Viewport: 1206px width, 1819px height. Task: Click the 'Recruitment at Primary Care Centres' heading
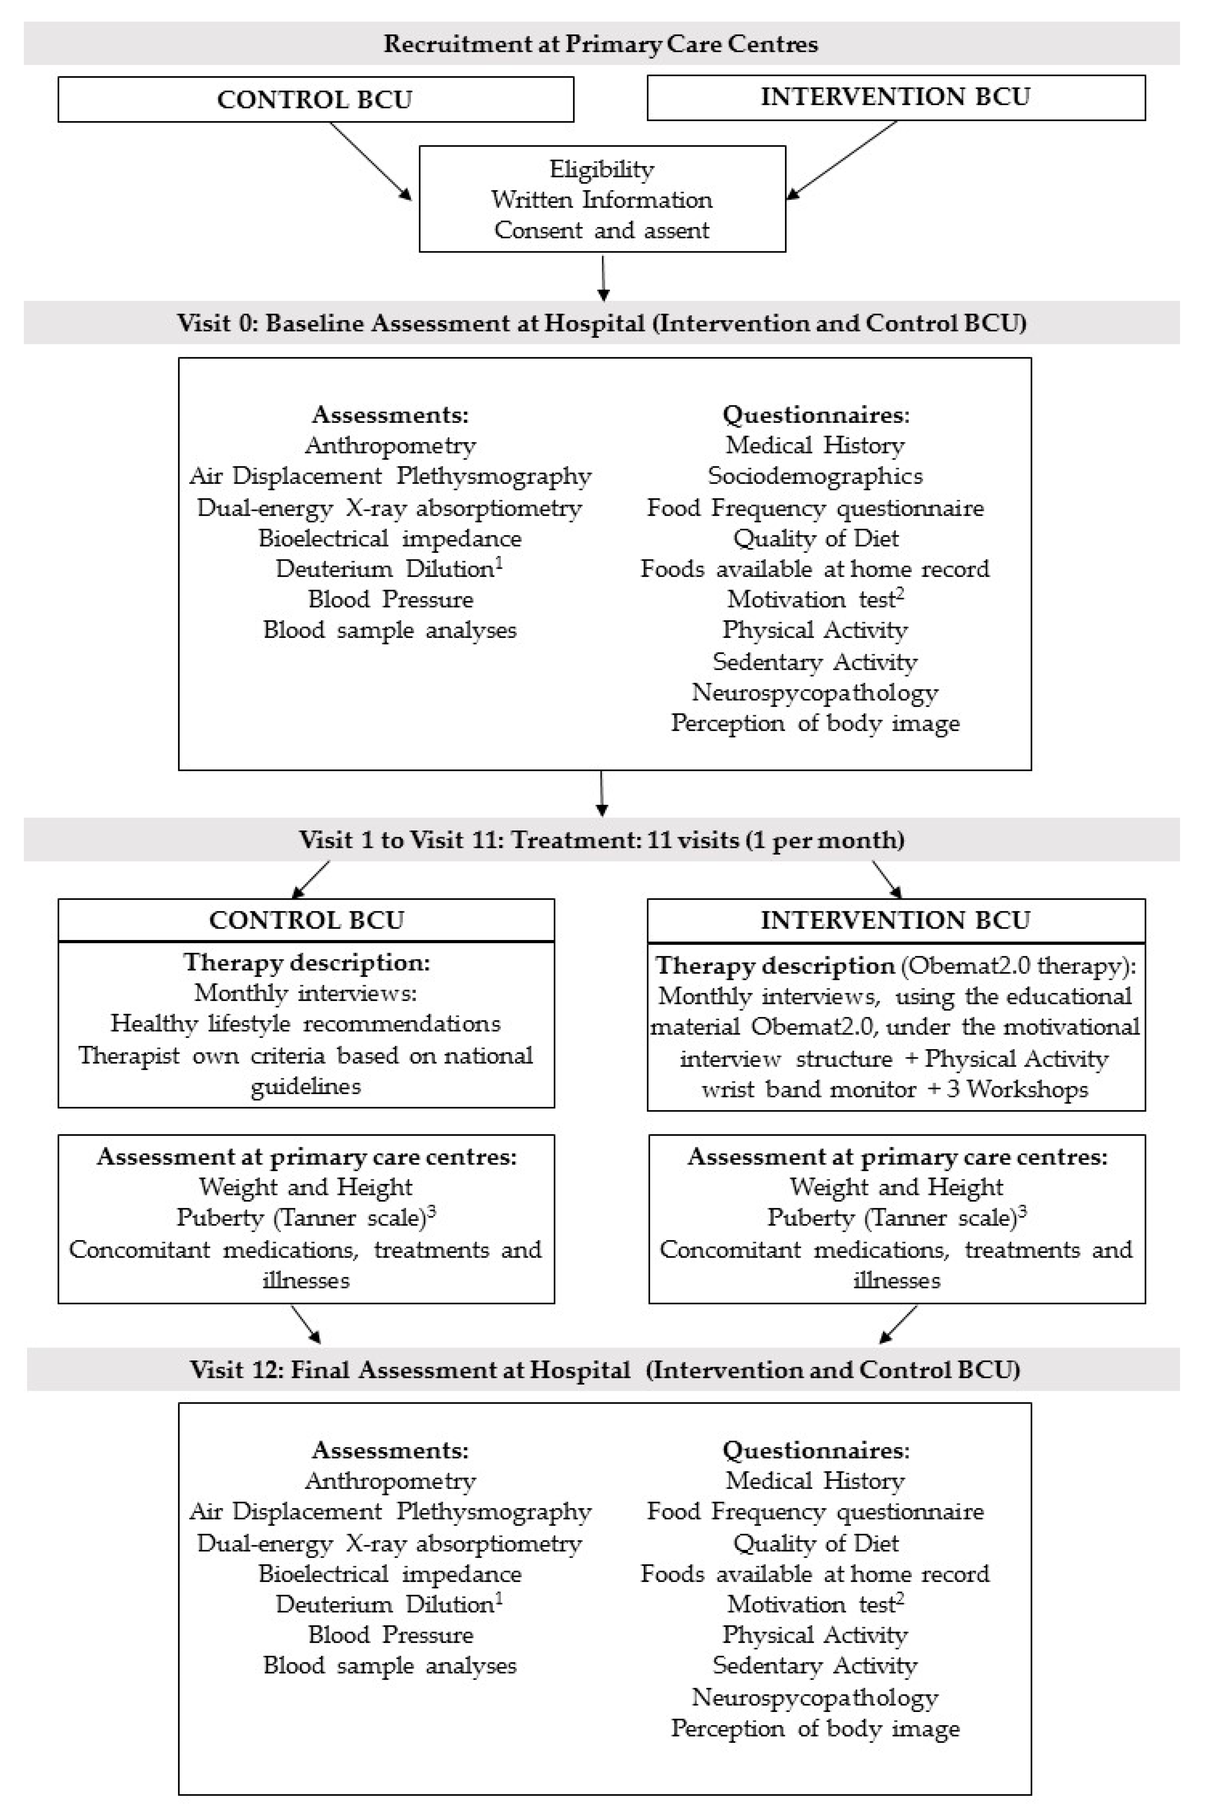601,44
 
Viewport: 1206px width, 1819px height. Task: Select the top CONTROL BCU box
315,99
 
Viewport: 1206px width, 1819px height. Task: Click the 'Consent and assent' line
602,230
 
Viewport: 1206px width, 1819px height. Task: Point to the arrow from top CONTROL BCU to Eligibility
371,161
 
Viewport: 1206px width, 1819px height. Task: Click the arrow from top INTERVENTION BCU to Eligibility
842,160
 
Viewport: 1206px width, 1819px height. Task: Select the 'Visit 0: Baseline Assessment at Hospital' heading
602,323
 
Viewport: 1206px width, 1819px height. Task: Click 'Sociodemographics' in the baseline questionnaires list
815,476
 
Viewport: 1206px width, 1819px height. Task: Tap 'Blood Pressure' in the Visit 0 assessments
390,599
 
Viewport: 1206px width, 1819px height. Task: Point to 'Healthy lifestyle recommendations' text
305,1023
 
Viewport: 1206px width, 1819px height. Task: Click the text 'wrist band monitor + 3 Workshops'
895,1090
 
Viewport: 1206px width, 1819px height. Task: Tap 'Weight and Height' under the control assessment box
305,1187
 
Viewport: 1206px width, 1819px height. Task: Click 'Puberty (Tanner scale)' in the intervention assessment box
892,1218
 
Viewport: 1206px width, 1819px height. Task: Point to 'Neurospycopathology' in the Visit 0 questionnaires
815,692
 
